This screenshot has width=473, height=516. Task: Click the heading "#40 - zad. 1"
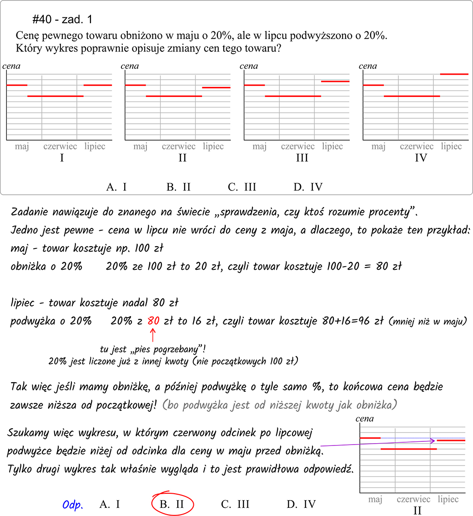click(63, 20)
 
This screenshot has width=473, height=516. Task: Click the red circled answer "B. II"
click(171, 504)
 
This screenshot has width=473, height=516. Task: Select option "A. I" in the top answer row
click(116, 187)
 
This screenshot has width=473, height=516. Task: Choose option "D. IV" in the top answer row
click(308, 187)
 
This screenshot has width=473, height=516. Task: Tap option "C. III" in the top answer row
click(242, 187)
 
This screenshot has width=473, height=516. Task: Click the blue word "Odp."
click(73, 505)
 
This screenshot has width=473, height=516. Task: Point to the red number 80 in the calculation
click(153, 321)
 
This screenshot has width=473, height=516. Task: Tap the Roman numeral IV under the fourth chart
click(421, 158)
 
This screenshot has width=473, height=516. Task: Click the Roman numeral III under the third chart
click(302, 158)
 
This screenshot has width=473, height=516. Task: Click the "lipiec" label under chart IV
click(451, 147)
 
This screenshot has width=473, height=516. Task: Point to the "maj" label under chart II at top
click(141, 147)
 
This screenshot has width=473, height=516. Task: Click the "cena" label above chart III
click(249, 66)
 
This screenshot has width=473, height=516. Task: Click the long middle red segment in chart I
click(55, 96)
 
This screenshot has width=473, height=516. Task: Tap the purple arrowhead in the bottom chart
click(433, 440)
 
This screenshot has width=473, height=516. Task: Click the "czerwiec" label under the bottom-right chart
click(413, 499)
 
